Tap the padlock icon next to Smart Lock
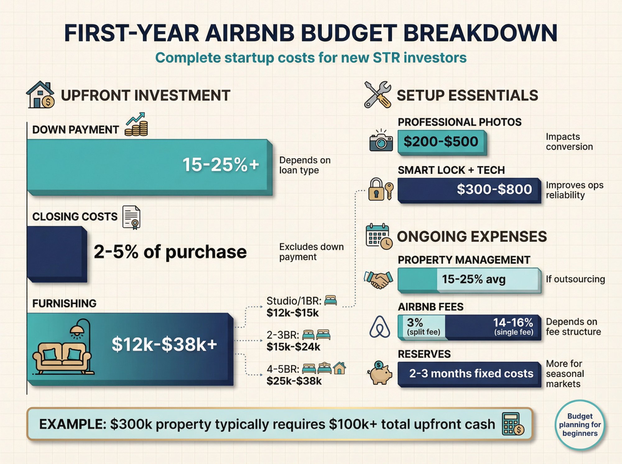[x=376, y=189]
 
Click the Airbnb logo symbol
[x=379, y=327]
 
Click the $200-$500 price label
[x=441, y=142]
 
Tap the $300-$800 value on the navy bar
[x=494, y=189]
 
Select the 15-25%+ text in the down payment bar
[x=220, y=164]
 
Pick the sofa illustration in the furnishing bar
[x=62, y=357]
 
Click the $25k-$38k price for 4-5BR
[x=294, y=381]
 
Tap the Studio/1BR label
[x=294, y=301]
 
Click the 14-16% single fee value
[x=513, y=323]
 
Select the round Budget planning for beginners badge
[x=580, y=425]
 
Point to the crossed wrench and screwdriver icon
[x=378, y=95]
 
